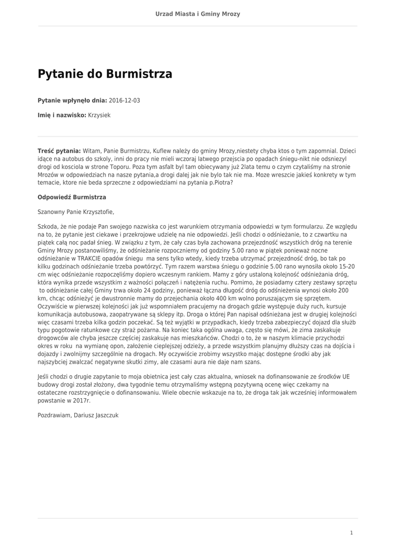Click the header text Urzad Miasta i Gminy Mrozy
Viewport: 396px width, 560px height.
(x=198, y=14)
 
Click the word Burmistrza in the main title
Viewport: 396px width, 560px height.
(x=139, y=74)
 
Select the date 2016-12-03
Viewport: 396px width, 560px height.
(x=125, y=101)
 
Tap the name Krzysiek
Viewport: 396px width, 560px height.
(x=99, y=115)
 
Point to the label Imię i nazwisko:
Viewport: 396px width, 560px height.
(x=62, y=115)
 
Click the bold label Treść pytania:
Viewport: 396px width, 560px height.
(x=59, y=150)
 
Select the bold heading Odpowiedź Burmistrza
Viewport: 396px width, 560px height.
(x=72, y=197)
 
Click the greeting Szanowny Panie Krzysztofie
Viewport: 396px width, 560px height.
(x=76, y=211)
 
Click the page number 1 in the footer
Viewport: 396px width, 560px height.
(x=352, y=533)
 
